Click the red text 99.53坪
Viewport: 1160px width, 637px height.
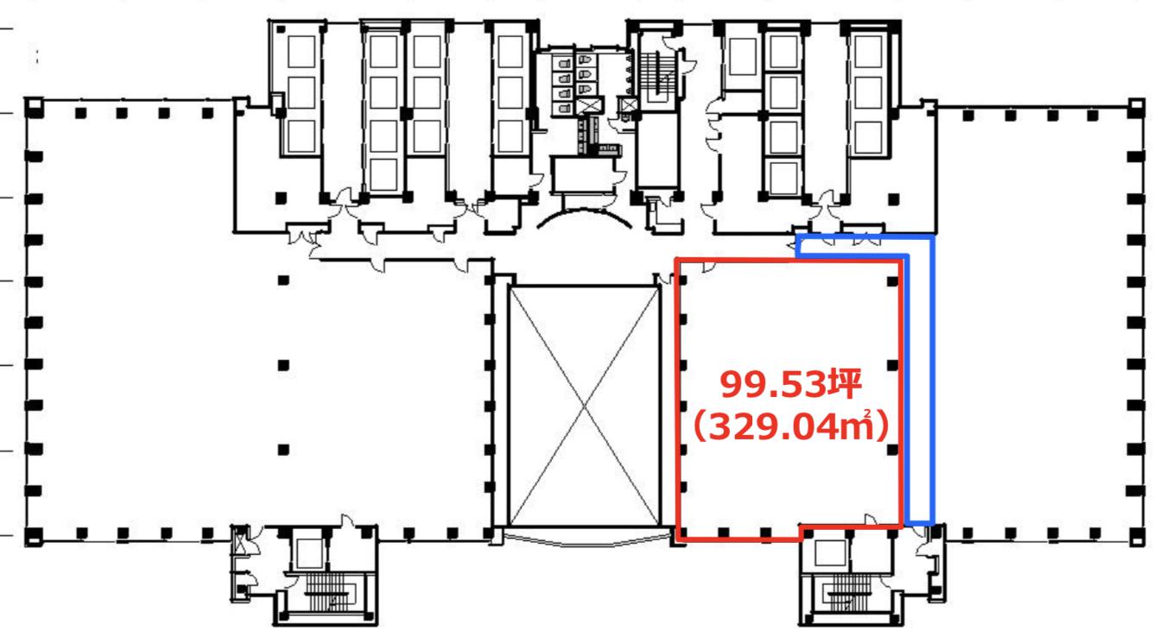[791, 384]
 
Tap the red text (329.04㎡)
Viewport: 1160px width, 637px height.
[791, 426]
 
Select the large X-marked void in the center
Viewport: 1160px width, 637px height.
[585, 407]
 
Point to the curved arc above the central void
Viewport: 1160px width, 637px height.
[584, 211]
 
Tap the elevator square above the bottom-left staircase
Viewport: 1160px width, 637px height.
[309, 552]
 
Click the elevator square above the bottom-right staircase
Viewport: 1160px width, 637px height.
[830, 553]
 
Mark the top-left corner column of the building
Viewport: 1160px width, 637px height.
[35, 106]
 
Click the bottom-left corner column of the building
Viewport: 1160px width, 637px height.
[34, 537]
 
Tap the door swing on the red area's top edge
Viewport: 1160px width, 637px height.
[708, 267]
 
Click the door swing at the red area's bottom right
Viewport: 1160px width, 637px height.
[871, 520]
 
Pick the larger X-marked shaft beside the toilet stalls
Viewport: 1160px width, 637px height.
[590, 105]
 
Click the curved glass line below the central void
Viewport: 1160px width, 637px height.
[585, 540]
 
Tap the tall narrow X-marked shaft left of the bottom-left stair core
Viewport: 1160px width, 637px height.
[240, 541]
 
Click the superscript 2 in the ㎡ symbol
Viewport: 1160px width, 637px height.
[867, 413]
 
